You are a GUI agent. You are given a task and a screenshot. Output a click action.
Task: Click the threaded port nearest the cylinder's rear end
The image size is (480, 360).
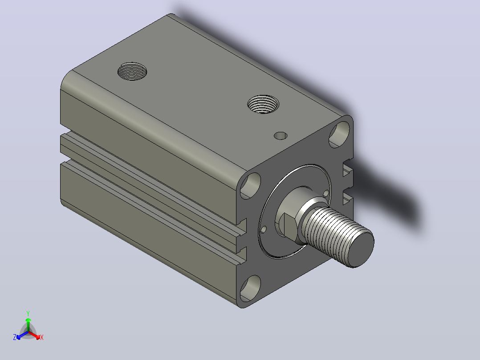132,71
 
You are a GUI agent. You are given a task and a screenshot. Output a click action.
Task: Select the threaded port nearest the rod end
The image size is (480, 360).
263,104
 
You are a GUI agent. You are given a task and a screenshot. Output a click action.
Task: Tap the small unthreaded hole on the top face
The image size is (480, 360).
281,136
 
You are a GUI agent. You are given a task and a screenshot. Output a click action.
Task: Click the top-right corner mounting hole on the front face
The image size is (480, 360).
339,134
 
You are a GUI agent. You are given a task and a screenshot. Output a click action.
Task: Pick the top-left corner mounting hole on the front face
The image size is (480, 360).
250,186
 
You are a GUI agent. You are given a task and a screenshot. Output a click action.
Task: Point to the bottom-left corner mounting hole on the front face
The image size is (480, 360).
250,288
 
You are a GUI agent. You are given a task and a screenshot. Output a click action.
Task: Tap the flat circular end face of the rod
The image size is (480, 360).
362,249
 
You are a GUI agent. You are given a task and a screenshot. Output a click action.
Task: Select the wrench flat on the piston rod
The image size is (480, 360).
290,226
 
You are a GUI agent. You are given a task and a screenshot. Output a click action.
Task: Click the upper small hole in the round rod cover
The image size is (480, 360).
326,193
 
